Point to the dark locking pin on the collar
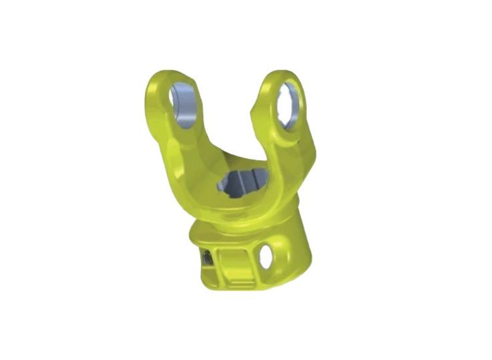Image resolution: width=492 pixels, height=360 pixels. pyautogui.click(x=207, y=258)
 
